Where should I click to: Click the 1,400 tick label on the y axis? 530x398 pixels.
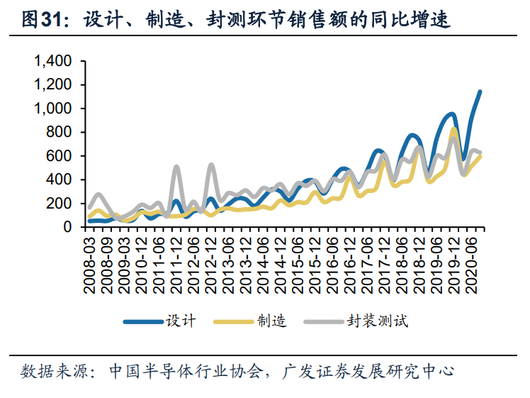click(52, 62)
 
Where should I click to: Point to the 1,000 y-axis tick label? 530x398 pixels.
click(52, 109)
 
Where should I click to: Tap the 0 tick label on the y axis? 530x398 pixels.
click(67, 227)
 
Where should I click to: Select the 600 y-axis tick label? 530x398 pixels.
click(59, 156)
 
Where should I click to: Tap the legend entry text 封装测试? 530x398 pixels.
click(377, 321)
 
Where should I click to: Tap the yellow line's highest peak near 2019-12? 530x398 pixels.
click(453, 130)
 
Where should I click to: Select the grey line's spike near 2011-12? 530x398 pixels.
click(176, 167)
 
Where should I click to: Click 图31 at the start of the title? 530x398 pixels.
click(40, 20)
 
